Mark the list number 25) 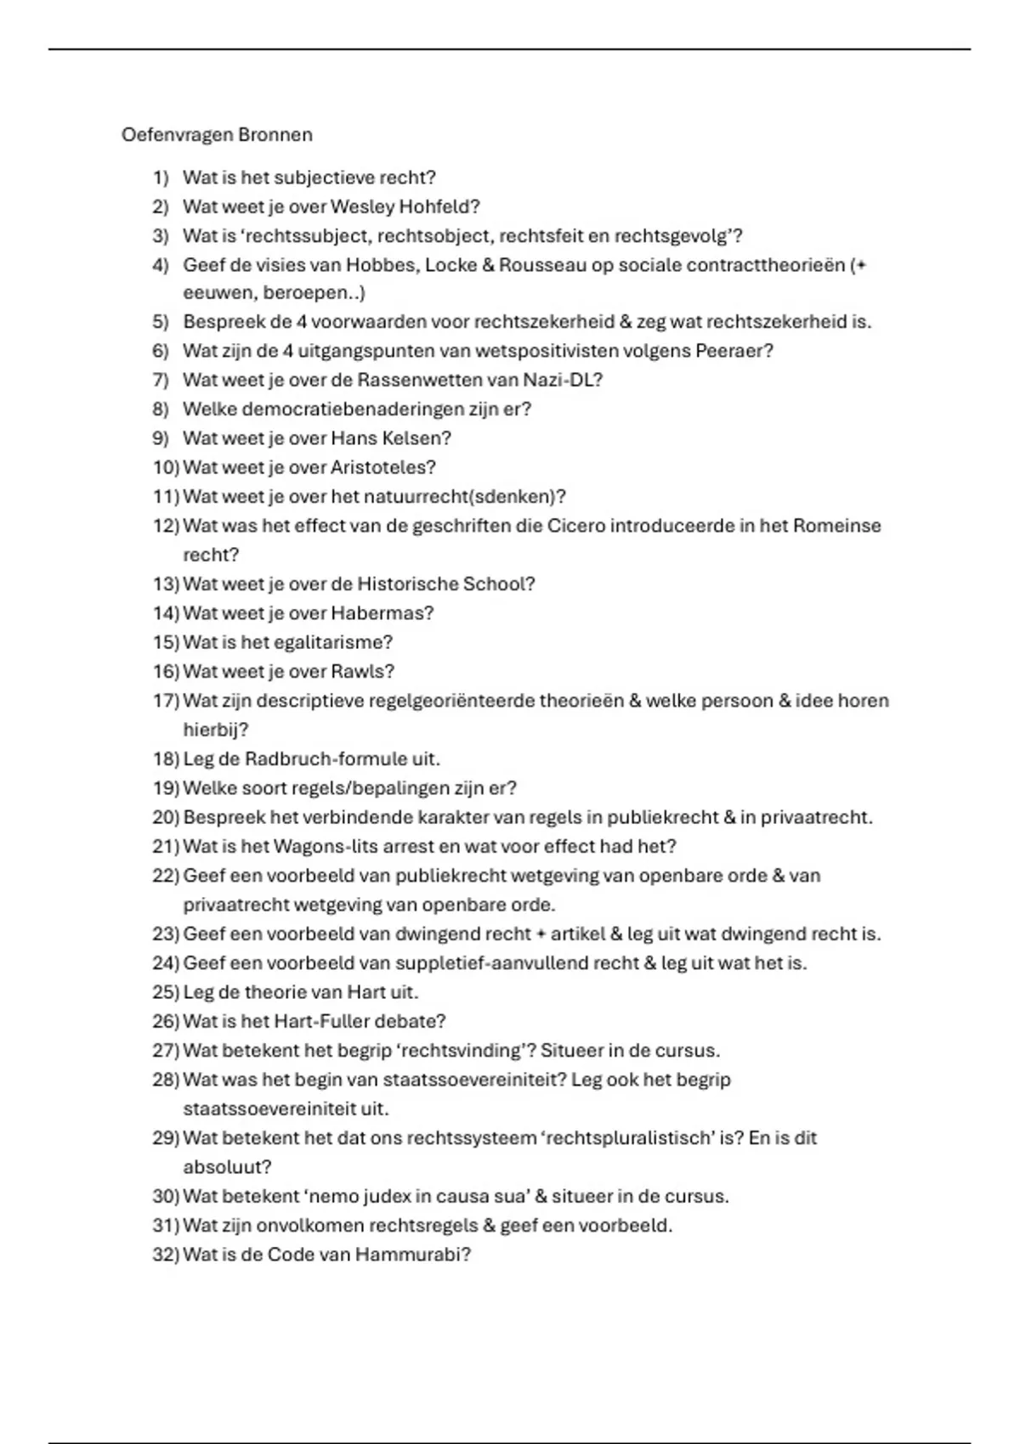(x=166, y=992)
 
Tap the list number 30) (x=166, y=1196)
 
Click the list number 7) (x=161, y=380)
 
